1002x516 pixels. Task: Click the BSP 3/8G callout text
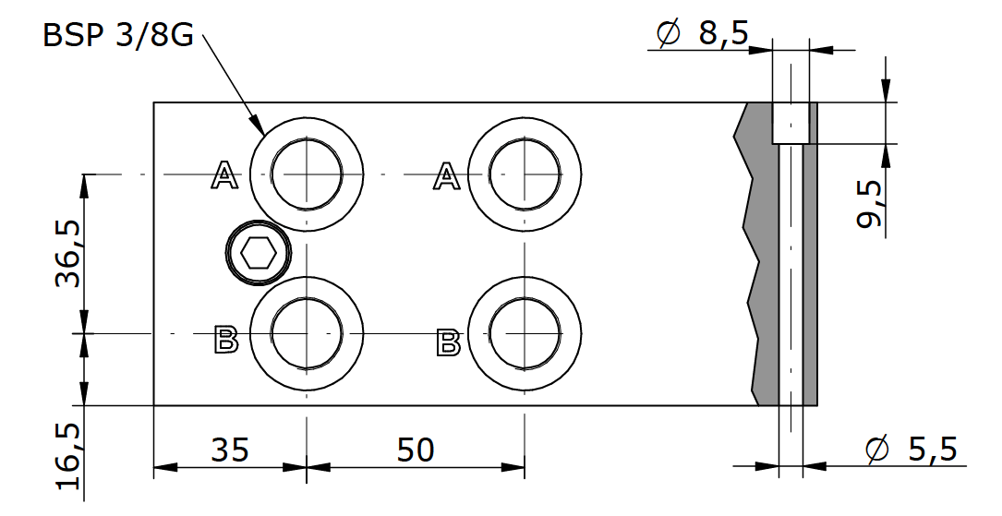(x=117, y=35)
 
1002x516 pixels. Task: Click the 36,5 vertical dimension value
(x=69, y=254)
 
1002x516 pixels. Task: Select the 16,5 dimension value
(x=69, y=456)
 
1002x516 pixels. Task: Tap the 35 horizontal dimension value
(x=230, y=450)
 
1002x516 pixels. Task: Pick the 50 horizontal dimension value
(x=416, y=450)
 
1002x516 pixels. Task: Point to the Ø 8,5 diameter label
(x=702, y=32)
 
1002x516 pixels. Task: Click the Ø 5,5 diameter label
(x=911, y=450)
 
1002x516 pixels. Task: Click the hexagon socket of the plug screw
(x=259, y=254)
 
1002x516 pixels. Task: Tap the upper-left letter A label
(x=224, y=175)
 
